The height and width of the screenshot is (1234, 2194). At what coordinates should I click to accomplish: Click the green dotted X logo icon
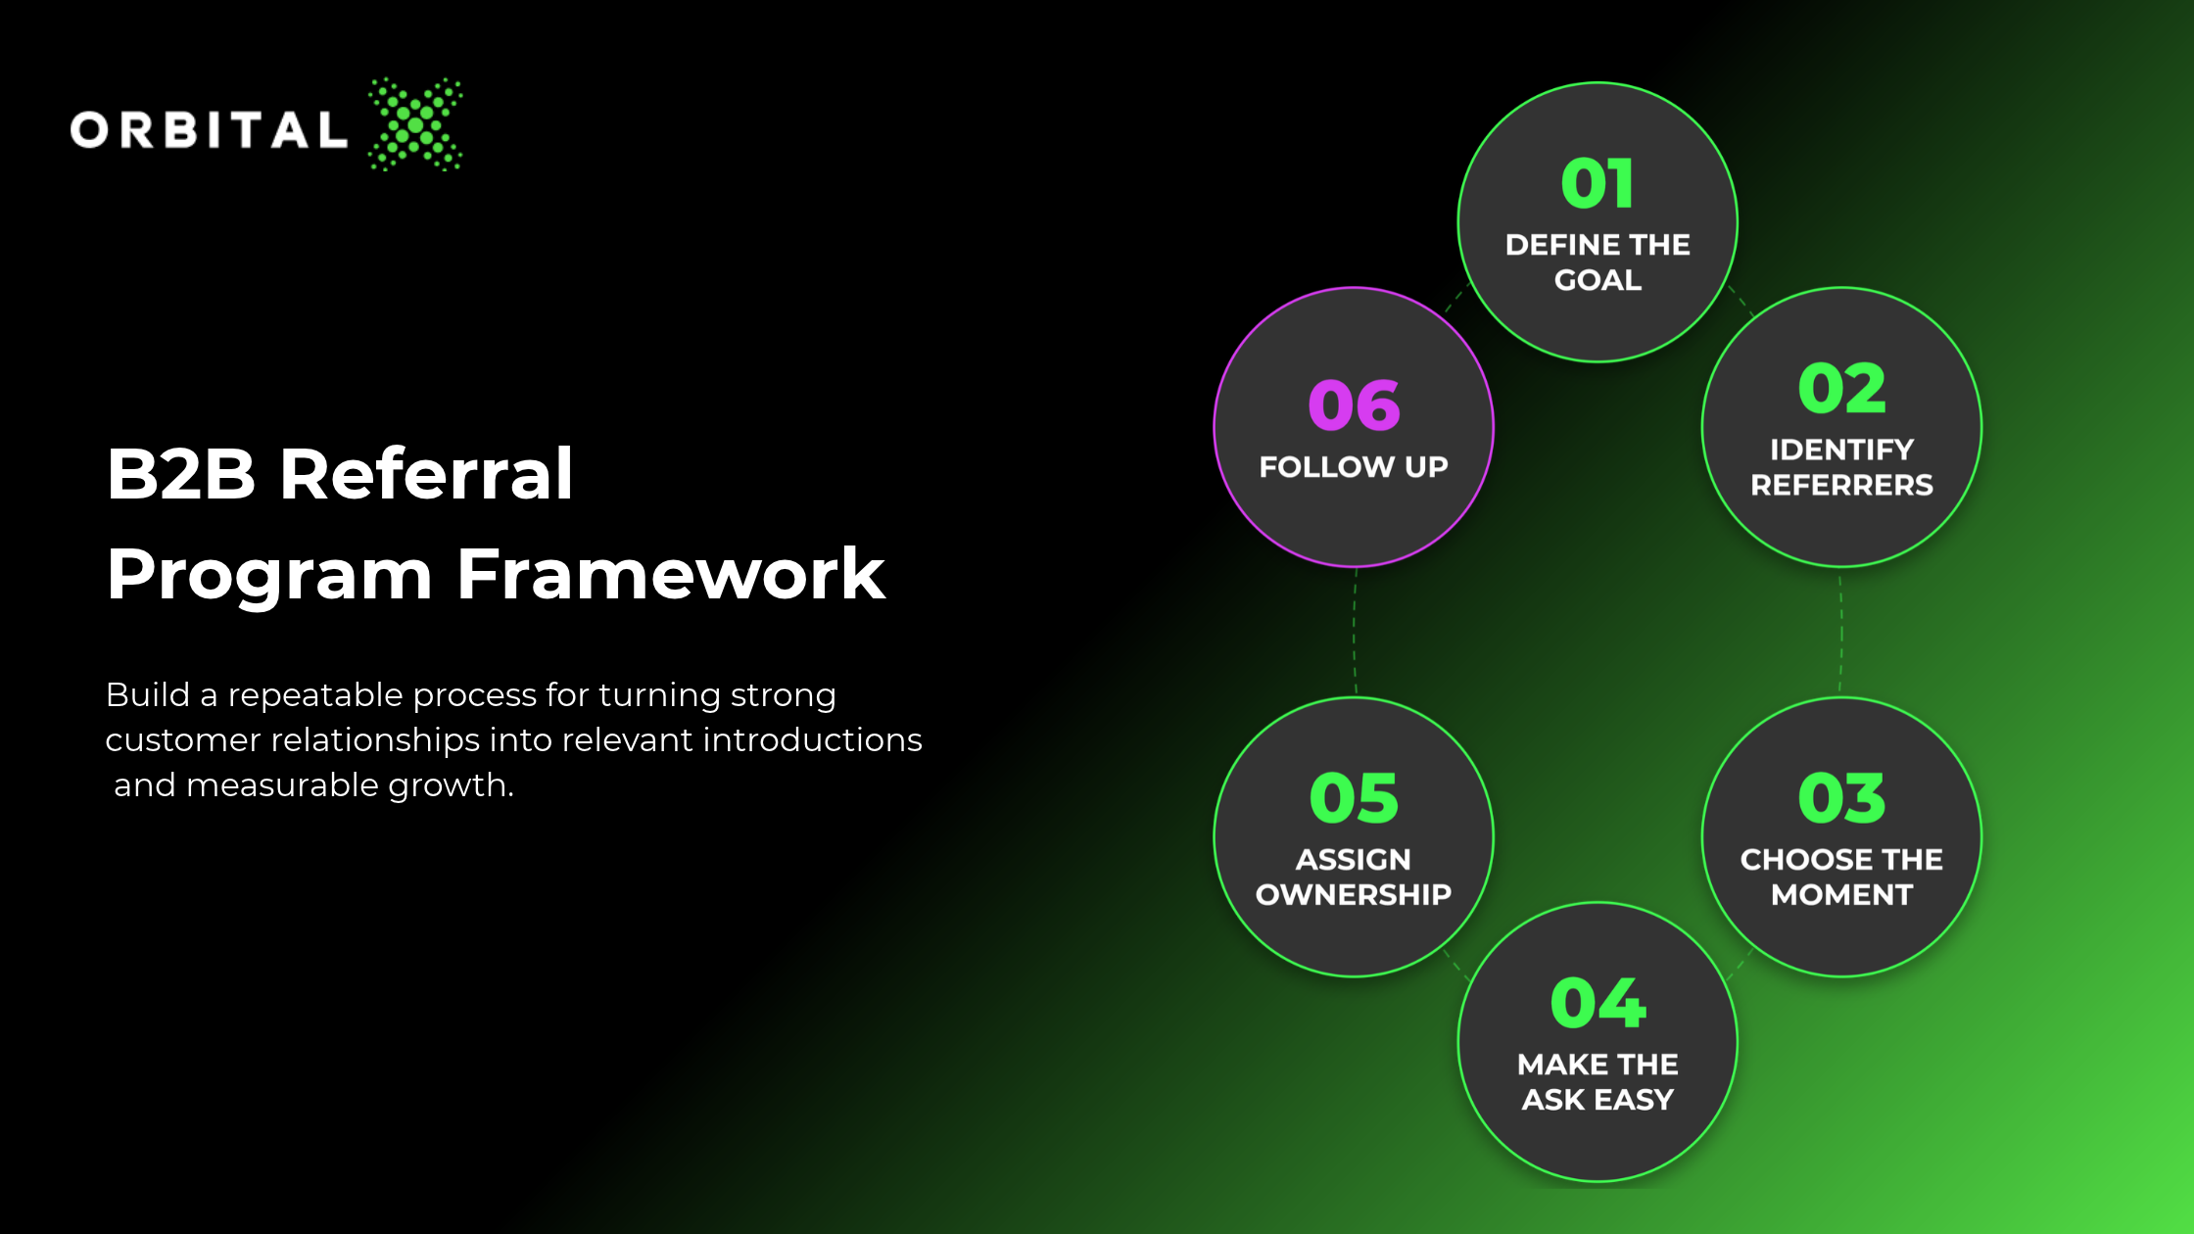point(415,124)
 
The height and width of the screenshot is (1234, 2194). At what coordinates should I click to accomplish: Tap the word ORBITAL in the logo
point(209,130)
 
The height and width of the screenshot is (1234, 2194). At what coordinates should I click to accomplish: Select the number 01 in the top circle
point(1598,183)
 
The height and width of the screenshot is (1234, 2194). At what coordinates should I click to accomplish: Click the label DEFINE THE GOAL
point(1598,261)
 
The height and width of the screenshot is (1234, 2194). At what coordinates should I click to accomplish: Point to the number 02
point(1841,389)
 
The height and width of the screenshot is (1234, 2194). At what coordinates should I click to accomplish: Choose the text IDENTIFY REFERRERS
point(1841,467)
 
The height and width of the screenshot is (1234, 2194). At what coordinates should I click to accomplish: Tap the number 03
point(1841,798)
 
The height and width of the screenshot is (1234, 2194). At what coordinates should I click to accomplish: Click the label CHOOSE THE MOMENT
point(1841,877)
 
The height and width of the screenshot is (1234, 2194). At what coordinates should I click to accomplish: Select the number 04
point(1598,1003)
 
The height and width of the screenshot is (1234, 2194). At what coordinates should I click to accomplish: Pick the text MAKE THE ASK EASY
point(1598,1081)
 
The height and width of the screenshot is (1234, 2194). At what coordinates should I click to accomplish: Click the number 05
point(1354,798)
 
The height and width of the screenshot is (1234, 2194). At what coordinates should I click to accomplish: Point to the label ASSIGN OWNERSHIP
point(1354,877)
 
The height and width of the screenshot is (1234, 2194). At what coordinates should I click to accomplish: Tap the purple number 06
point(1354,405)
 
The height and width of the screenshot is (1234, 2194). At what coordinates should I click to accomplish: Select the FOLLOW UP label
point(1354,466)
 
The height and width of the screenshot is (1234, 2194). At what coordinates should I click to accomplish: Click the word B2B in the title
point(181,474)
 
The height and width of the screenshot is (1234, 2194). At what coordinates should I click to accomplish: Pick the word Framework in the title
point(671,574)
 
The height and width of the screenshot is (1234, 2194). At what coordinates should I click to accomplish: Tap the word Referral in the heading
point(426,473)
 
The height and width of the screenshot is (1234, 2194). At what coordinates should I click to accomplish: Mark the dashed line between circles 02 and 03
point(1841,633)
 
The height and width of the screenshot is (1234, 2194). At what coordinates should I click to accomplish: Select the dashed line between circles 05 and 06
point(1355,633)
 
